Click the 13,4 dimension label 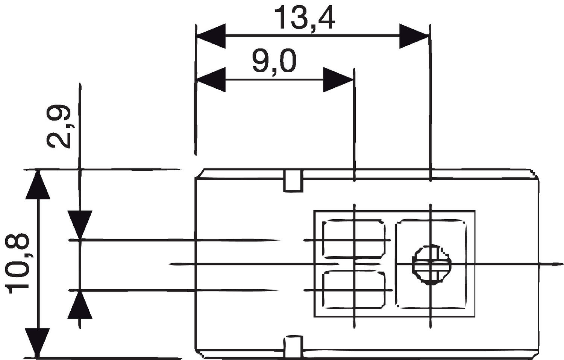pos(305,18)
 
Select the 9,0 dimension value pos(274,61)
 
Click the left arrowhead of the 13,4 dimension pos(211,36)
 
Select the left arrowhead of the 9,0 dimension pos(211,80)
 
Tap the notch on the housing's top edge pos(293,181)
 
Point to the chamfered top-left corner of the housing pos(200,173)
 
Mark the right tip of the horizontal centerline pos(562,264)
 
